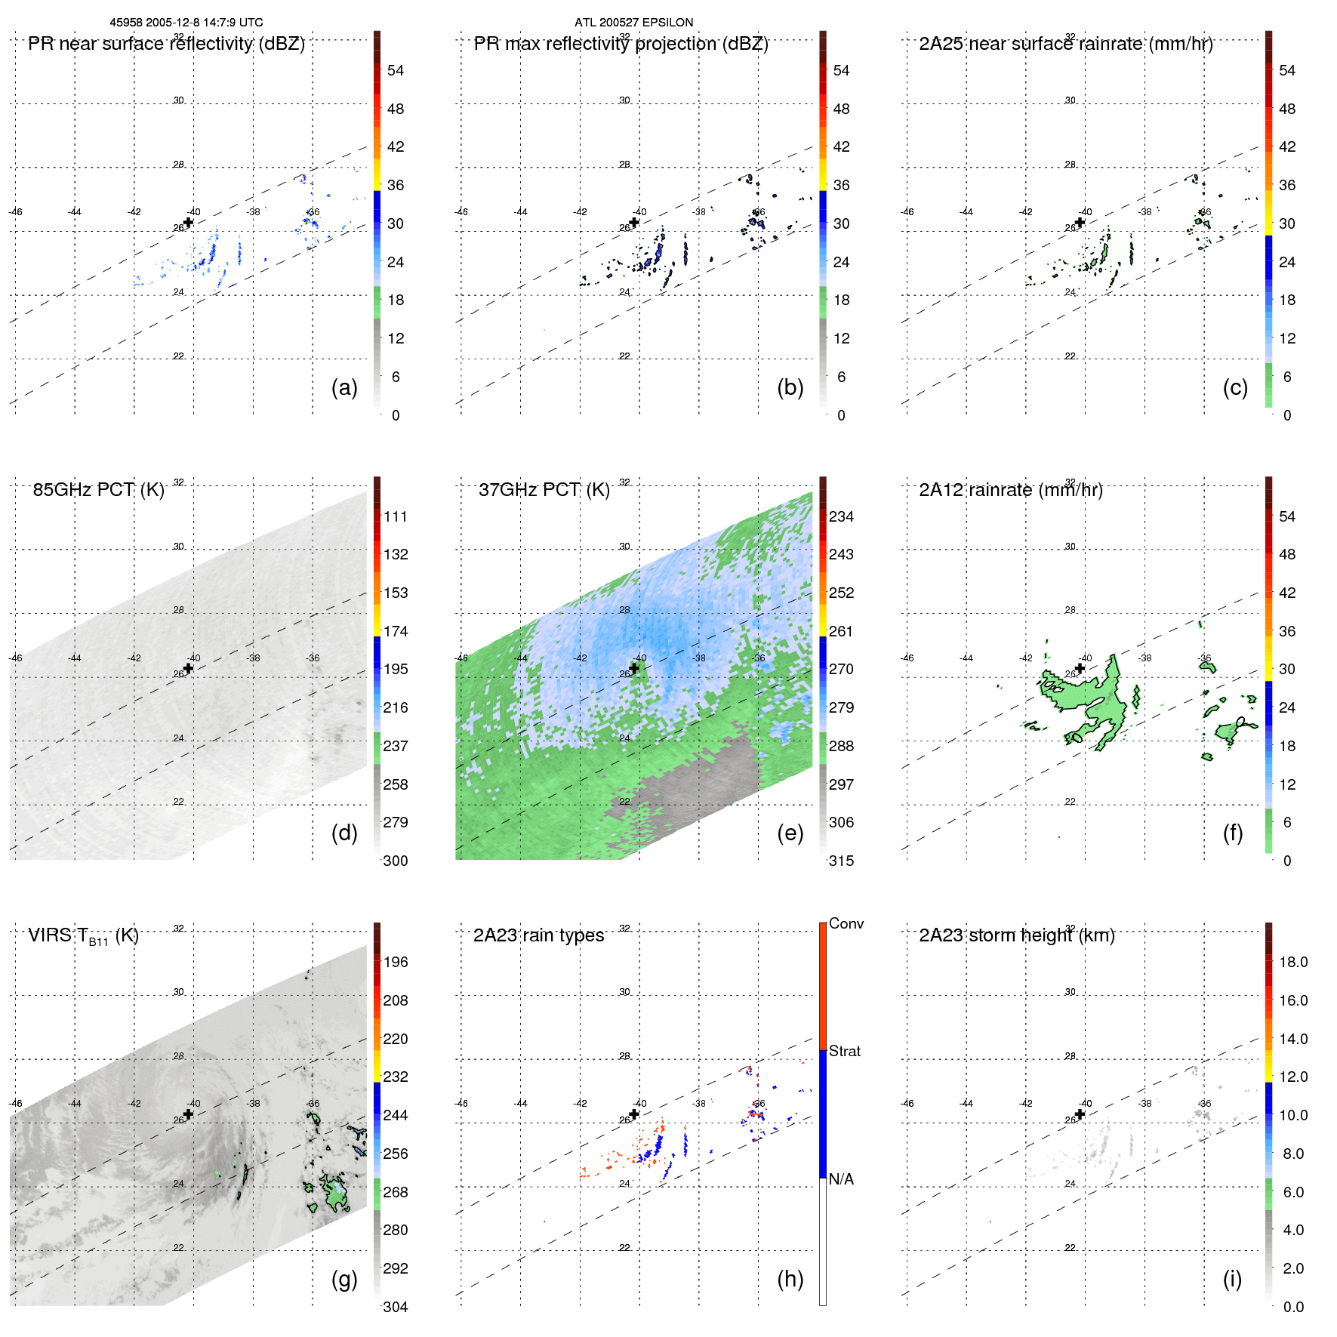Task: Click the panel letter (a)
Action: [x=344, y=388]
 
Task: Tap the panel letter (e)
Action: [x=790, y=833]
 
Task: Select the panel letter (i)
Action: [x=1232, y=1279]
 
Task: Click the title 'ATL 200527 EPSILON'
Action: [x=633, y=23]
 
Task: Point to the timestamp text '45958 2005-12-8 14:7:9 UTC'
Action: [x=186, y=23]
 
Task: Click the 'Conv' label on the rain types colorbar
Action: [x=846, y=924]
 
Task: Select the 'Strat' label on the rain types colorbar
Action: [x=844, y=1052]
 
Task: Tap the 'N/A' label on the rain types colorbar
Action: [x=841, y=1179]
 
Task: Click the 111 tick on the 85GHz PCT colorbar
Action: [x=396, y=517]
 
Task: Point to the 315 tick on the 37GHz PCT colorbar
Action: [x=841, y=861]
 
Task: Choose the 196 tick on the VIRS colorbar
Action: [x=396, y=963]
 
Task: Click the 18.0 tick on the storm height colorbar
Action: [x=1293, y=963]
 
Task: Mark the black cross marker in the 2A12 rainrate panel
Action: [x=1080, y=668]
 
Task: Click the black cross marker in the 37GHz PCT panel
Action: [x=634, y=668]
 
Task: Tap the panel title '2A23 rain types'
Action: [x=538, y=935]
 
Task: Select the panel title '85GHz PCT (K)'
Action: [x=98, y=490]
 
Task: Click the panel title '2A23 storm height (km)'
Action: [x=1016, y=935]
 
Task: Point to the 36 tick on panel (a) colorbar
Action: [x=396, y=186]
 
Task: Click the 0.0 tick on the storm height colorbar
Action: [x=1293, y=1307]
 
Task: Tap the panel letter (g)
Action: [x=344, y=1279]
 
